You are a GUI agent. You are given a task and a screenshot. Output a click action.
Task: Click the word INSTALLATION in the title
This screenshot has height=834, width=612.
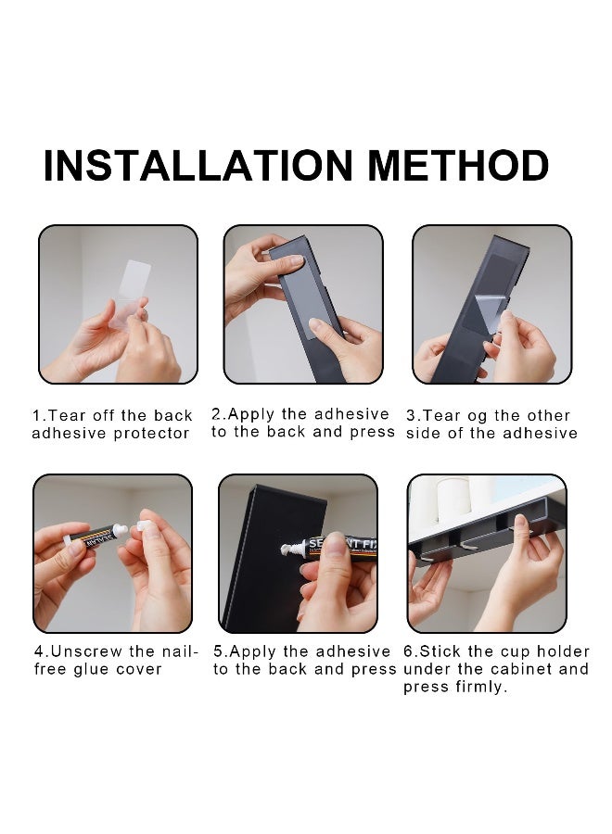pyautogui.click(x=198, y=166)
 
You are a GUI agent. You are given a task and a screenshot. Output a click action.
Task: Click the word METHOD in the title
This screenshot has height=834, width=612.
pyautogui.click(x=458, y=166)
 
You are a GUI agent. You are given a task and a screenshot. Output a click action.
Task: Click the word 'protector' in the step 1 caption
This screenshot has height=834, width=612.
pyautogui.click(x=151, y=434)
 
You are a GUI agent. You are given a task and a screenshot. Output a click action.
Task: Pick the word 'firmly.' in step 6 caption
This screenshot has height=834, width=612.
pyautogui.click(x=481, y=687)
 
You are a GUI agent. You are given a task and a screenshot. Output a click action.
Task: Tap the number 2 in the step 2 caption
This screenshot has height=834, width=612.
pyautogui.click(x=216, y=414)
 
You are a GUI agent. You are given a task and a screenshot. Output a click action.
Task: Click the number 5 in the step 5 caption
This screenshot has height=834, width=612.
pyautogui.click(x=218, y=651)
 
